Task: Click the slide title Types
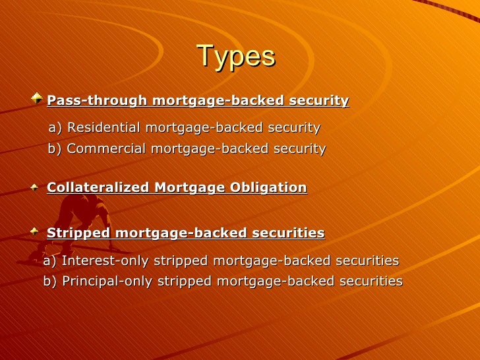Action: pos(235,57)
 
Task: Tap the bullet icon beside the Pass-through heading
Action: pos(36,99)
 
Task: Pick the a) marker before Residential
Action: pos(56,127)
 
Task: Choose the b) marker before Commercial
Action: pos(55,149)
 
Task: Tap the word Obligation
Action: pos(268,188)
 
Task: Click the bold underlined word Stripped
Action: pos(78,233)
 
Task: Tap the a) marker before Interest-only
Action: pos(50,261)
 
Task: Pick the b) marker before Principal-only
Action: pos(50,282)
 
